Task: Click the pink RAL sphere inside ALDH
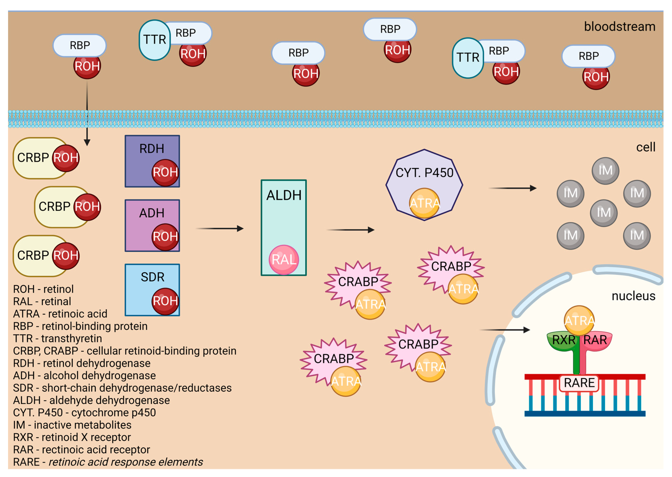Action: (x=284, y=260)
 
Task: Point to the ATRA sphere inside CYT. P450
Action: (x=424, y=203)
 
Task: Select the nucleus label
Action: (x=633, y=296)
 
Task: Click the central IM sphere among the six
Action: (x=604, y=213)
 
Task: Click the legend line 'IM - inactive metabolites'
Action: (x=72, y=425)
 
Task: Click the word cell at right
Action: (x=646, y=147)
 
